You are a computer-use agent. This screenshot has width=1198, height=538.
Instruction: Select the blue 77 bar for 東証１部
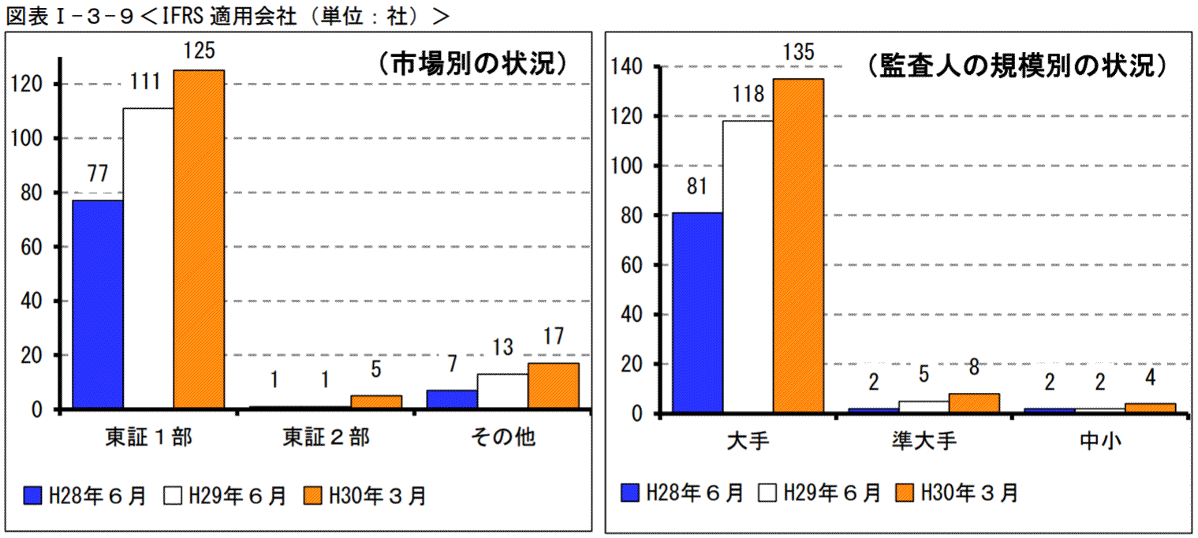[x=98, y=304]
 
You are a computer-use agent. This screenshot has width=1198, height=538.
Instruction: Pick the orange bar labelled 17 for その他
[x=553, y=386]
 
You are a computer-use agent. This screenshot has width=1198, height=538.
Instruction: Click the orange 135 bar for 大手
[x=798, y=245]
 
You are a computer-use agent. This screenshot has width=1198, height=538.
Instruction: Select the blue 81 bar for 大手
[x=697, y=312]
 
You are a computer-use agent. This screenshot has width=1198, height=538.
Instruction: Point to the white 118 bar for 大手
[x=748, y=267]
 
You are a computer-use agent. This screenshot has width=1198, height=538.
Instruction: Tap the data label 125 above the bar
[x=199, y=51]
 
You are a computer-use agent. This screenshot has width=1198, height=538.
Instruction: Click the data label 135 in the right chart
[x=799, y=54]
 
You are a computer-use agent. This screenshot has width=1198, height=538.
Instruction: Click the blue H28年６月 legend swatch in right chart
[x=629, y=493]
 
